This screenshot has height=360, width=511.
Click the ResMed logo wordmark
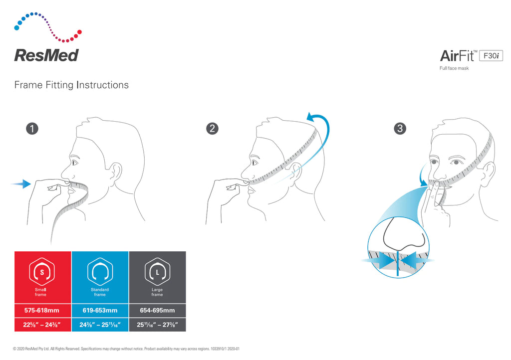[46, 55]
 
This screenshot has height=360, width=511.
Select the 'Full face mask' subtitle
[454, 68]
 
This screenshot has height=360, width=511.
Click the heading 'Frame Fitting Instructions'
[71, 85]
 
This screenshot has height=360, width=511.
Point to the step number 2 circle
[213, 129]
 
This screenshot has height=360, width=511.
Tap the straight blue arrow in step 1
[20, 184]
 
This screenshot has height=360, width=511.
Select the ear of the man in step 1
[116, 172]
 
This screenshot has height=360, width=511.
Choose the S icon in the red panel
[42, 272]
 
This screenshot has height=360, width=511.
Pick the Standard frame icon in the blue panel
[100, 272]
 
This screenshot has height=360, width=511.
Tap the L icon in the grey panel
[157, 272]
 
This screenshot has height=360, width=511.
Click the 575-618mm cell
[42, 310]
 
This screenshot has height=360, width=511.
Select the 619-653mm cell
[100, 310]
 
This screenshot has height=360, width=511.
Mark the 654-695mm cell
[157, 310]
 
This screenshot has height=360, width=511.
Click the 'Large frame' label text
[157, 292]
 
